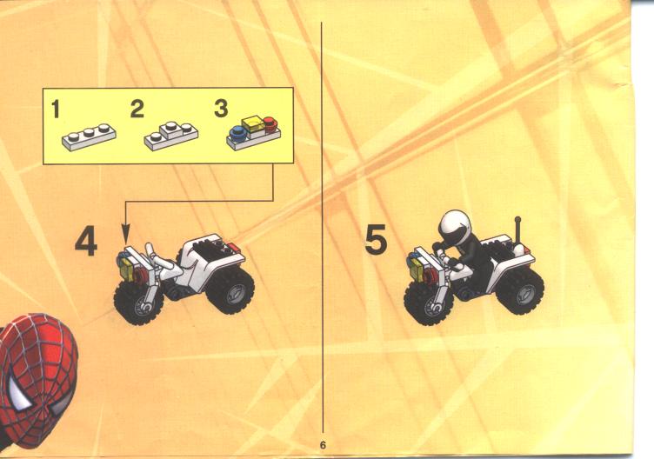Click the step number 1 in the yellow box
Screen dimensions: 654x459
[56, 110]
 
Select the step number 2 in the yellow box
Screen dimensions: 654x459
[137, 109]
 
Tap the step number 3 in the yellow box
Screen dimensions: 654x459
[221, 109]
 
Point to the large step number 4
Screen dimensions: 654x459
[86, 243]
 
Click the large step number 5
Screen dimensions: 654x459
[376, 240]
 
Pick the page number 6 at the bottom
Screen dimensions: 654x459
[323, 445]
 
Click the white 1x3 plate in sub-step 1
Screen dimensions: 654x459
[89, 137]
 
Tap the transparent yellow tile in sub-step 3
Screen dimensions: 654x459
[254, 125]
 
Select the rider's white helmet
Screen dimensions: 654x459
[454, 225]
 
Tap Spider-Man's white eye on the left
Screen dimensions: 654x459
[19, 393]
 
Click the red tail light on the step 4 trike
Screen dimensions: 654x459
[234, 248]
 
